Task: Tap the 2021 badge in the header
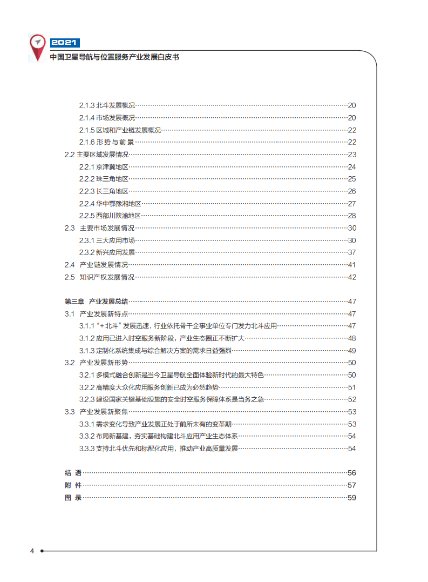pyautogui.click(x=65, y=43)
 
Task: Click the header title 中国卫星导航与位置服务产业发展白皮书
pyautogui.click(x=114, y=56)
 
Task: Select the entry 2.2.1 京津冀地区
pyautogui.click(x=104, y=167)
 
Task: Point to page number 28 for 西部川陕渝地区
pyautogui.click(x=352, y=216)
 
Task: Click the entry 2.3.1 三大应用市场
pyautogui.click(x=107, y=240)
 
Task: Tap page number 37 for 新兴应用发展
pyautogui.click(x=352, y=252)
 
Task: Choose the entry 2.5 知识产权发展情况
pyautogui.click(x=99, y=277)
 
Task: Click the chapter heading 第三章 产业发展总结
pyautogui.click(x=96, y=302)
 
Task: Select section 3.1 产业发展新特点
pyautogui.click(x=96, y=314)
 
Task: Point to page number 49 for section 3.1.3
pyautogui.click(x=352, y=351)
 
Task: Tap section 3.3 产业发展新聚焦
pyautogui.click(x=96, y=412)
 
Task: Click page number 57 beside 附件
pyautogui.click(x=352, y=485)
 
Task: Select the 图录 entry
pyautogui.click(x=73, y=498)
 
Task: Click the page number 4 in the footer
pyautogui.click(x=32, y=551)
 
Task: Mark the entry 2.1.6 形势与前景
pyautogui.click(x=106, y=142)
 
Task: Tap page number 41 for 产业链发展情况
pyautogui.click(x=352, y=265)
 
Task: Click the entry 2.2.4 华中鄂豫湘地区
pyautogui.click(x=110, y=204)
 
